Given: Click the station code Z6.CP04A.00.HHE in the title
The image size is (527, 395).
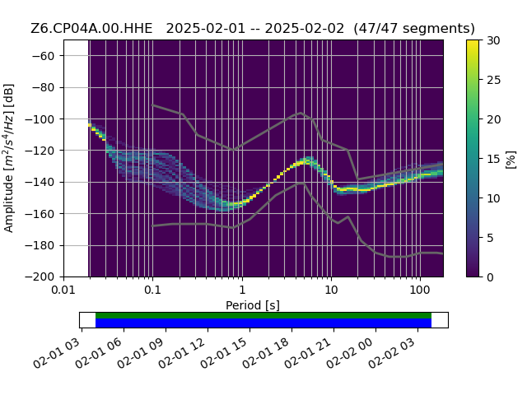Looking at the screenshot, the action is [x=91, y=29].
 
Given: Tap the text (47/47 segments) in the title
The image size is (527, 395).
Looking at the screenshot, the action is [x=414, y=29].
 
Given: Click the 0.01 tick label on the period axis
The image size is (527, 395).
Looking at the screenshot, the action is [x=63, y=290].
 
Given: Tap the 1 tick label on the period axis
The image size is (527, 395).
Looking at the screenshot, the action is [x=242, y=290].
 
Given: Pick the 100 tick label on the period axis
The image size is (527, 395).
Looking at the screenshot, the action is [x=420, y=290].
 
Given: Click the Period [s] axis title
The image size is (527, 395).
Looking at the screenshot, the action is [x=253, y=305].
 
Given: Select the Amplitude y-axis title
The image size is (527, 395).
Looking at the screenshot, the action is [x=9, y=158].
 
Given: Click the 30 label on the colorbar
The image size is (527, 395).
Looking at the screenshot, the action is [x=494, y=40].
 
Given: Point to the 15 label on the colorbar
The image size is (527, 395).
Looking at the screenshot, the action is [x=494, y=159].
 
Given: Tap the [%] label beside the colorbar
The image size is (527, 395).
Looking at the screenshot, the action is [x=511, y=160].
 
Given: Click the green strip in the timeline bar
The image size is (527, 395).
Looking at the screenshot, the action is [x=263, y=315].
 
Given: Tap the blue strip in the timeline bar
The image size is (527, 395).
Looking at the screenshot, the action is [x=263, y=323].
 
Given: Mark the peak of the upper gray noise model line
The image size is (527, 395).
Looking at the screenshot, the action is [x=301, y=113].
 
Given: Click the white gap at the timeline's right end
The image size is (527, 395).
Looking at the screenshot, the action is [x=440, y=320].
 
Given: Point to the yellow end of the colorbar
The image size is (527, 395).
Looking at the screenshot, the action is [x=473, y=42].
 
